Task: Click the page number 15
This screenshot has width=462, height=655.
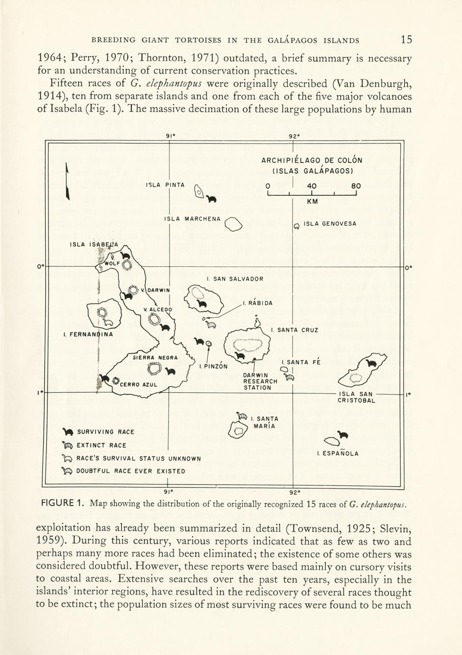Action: coord(406,39)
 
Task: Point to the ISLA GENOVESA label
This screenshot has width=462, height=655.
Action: coord(330,224)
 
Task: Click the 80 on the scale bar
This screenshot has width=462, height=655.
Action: coord(356,186)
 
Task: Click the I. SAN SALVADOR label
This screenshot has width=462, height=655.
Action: coord(235,279)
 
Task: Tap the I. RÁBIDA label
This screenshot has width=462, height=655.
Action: coord(258,303)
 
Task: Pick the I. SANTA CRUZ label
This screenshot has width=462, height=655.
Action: coord(294,330)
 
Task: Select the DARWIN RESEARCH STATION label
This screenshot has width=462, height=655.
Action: coord(260,381)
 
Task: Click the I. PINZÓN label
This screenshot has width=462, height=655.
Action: coord(213,366)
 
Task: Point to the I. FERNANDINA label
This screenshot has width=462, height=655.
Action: coord(88,334)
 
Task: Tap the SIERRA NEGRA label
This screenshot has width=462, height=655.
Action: coord(155,358)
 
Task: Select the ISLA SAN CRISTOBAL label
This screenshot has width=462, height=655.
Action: coord(356,397)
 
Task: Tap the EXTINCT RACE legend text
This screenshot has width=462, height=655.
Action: coord(102,446)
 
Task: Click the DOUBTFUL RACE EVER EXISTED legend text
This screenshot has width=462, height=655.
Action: coord(131,471)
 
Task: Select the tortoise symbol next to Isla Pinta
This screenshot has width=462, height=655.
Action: coord(212,199)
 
